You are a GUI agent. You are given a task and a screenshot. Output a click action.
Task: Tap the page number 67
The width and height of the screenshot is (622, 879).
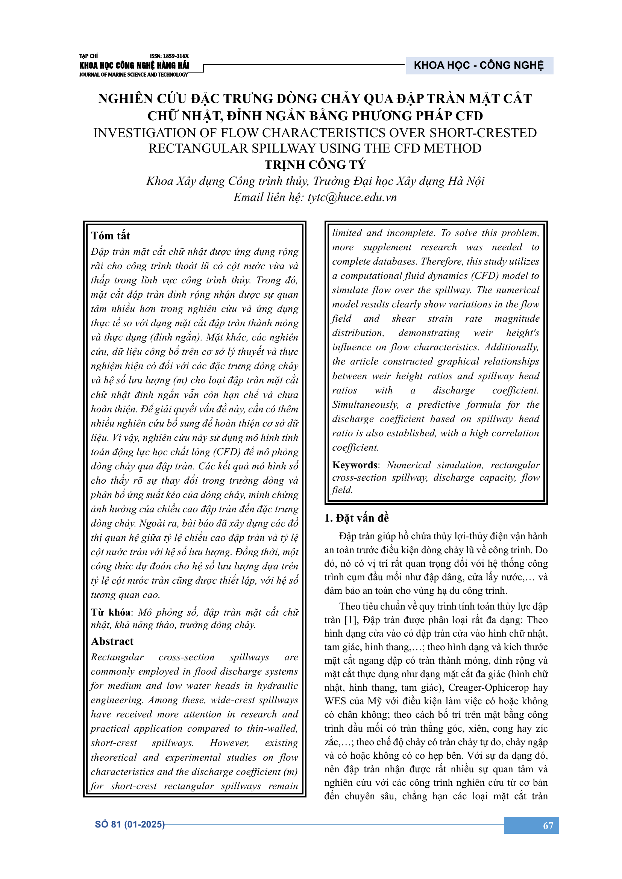click(548, 825)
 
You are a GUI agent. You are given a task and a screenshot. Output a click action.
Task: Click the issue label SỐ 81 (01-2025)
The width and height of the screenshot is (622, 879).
click(129, 824)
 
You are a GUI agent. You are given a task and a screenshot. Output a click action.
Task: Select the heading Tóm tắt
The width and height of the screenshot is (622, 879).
click(111, 236)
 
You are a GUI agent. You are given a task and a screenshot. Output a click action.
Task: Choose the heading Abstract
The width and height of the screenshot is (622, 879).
click(112, 641)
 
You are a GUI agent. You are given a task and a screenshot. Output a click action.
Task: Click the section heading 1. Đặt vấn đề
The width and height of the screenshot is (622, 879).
click(356, 518)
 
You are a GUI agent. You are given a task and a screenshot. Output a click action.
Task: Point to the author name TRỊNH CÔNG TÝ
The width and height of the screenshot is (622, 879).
click(315, 165)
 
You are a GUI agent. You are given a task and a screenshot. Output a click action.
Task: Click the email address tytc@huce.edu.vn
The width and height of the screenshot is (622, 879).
click(352, 197)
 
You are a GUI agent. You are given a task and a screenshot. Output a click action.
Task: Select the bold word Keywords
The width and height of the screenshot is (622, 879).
click(355, 465)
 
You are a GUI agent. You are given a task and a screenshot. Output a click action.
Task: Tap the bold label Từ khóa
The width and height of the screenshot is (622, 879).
click(110, 613)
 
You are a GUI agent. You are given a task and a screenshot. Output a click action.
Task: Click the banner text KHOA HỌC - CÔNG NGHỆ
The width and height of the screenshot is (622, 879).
click(479, 65)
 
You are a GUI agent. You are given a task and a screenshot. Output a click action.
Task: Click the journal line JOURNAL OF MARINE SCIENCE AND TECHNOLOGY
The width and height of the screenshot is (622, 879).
click(134, 75)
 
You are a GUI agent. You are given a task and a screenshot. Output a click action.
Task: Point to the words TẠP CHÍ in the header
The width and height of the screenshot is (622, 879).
click(88, 56)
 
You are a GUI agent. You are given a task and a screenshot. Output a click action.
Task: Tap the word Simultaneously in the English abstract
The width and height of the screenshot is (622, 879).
click(365, 405)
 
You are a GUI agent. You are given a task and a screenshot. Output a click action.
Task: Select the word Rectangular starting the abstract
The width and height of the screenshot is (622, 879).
click(117, 657)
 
